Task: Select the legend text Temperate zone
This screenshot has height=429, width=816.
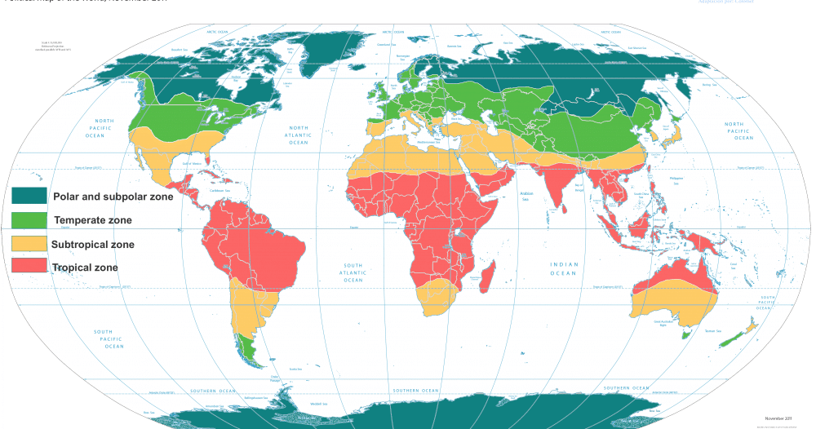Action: click(92, 220)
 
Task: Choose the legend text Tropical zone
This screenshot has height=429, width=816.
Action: click(84, 268)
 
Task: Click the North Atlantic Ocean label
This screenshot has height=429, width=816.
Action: click(298, 135)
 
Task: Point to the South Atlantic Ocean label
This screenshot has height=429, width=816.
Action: click(353, 272)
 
